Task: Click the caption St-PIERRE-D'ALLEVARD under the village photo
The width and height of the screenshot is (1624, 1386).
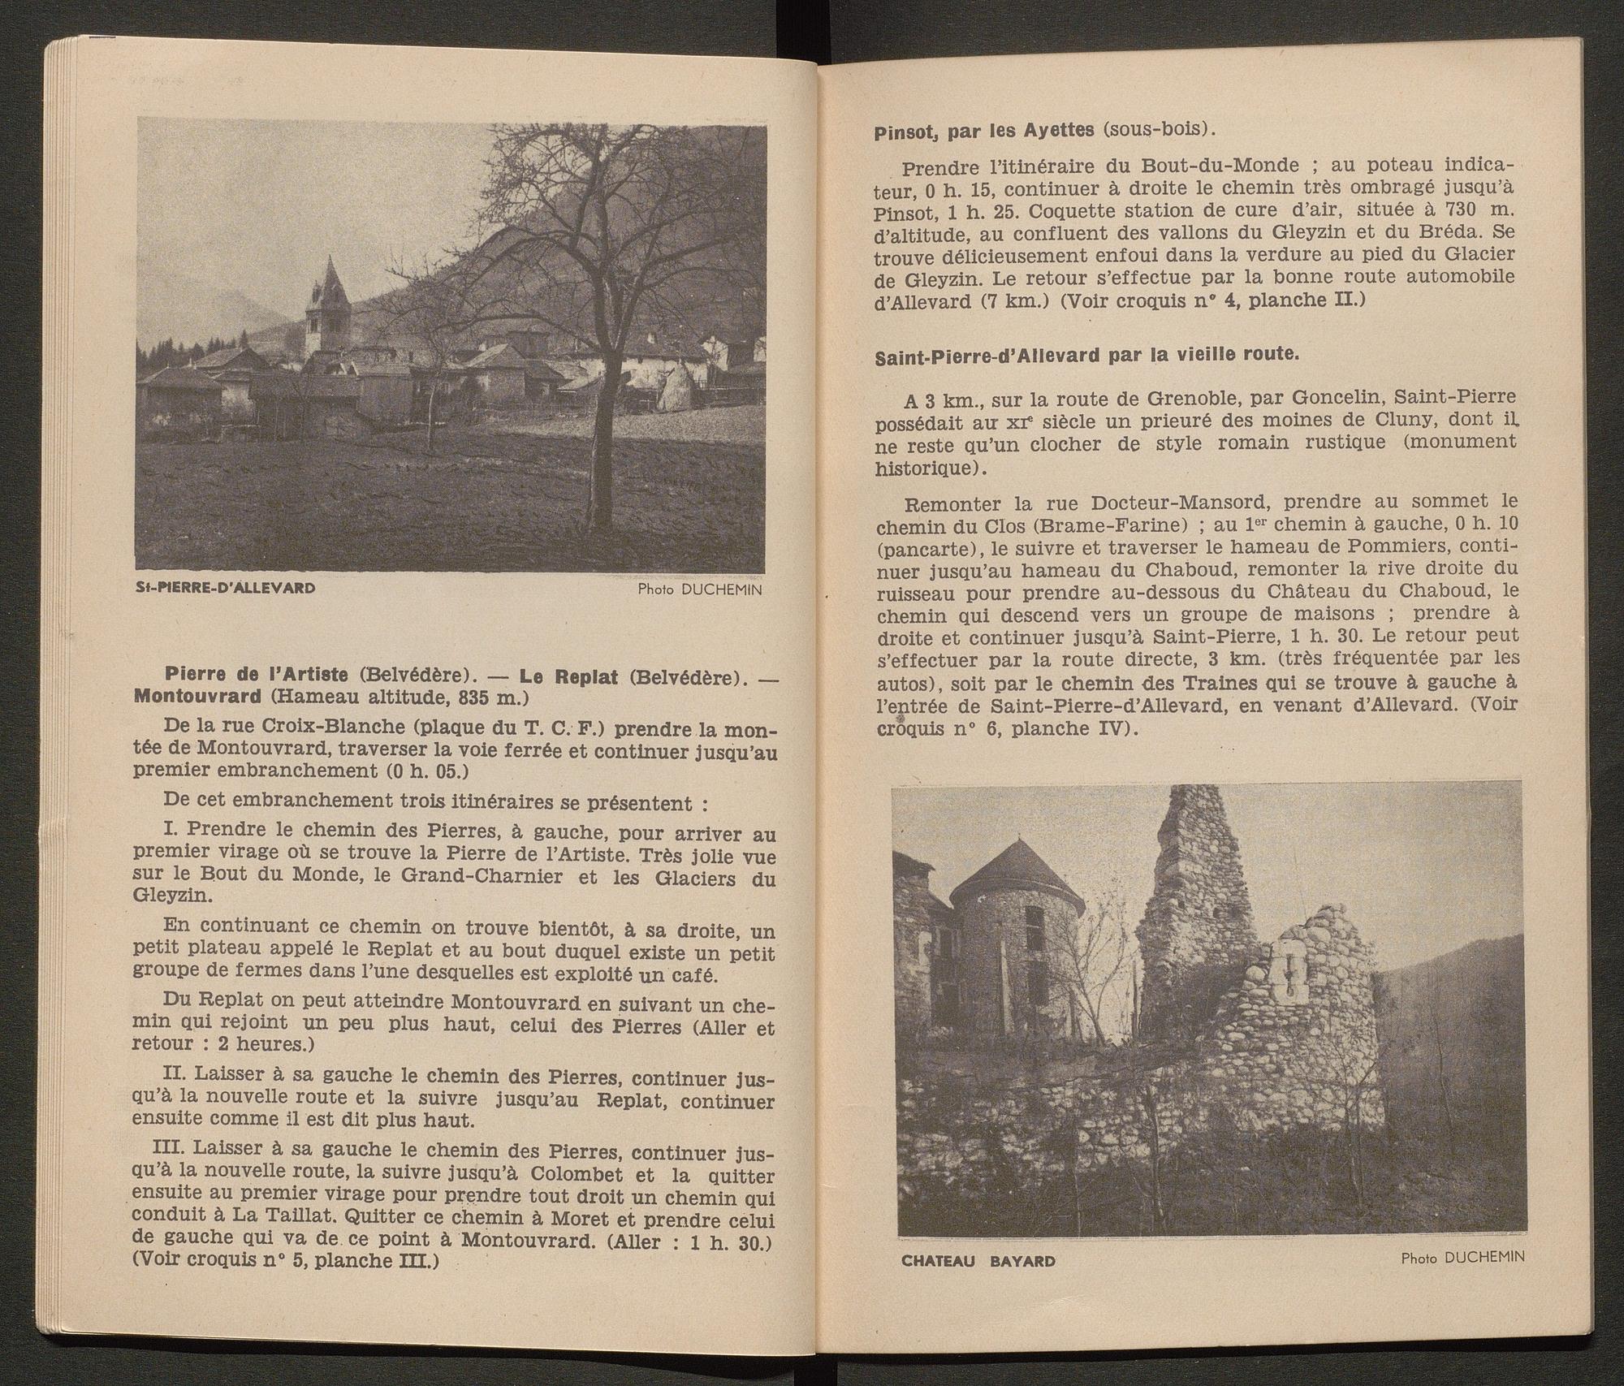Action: (x=226, y=587)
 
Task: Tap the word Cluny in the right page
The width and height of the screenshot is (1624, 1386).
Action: (x=1393, y=420)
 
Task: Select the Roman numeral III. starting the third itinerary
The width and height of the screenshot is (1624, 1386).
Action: (x=169, y=1154)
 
